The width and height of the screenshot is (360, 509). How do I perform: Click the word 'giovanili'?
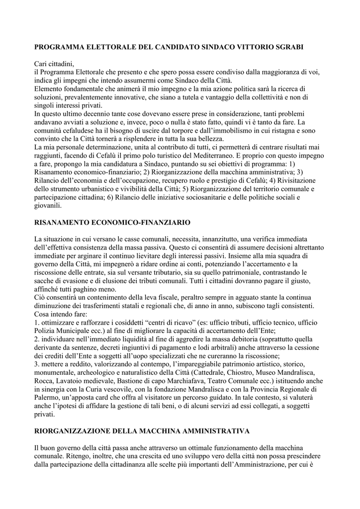[46, 205]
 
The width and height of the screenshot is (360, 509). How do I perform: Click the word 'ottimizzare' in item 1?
[59, 323]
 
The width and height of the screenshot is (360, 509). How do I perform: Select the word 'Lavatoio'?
[69, 381]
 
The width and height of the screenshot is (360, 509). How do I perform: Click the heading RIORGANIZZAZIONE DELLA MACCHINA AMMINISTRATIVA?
[142, 430]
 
